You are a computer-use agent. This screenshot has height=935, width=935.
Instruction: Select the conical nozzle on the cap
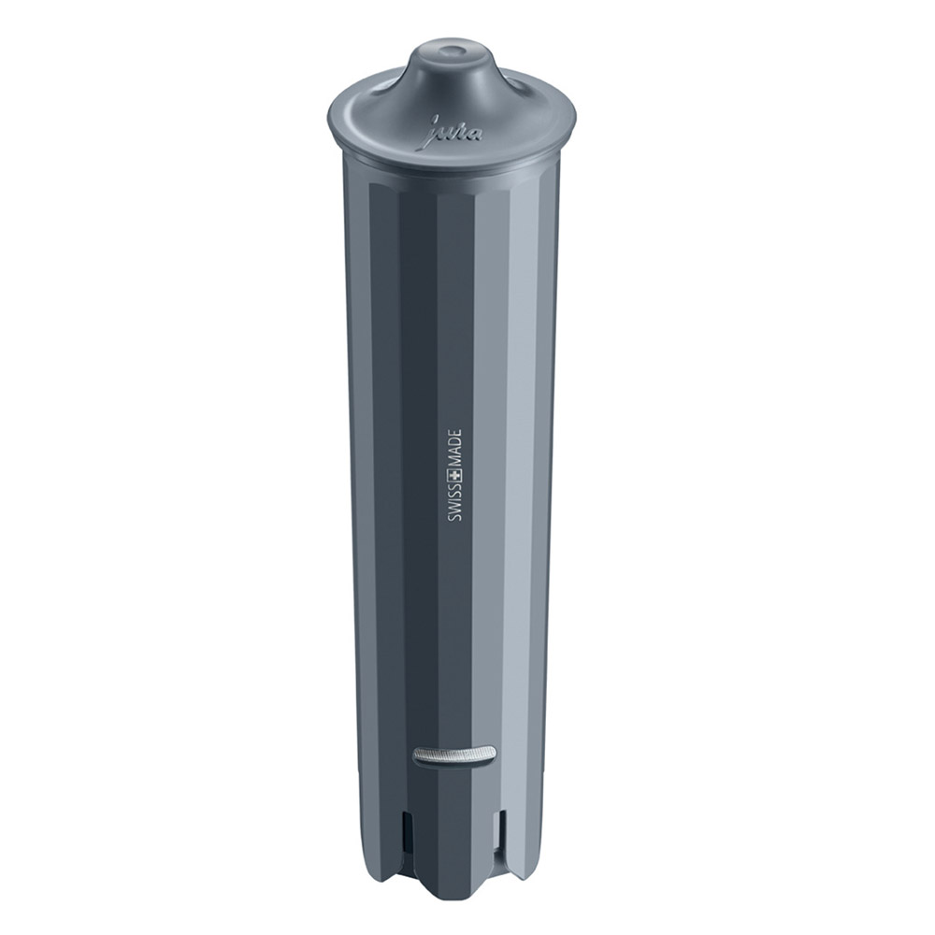[x=455, y=70]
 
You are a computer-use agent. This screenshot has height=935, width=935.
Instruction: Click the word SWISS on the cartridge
[x=455, y=510]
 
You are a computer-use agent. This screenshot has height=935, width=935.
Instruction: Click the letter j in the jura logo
[x=434, y=137]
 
